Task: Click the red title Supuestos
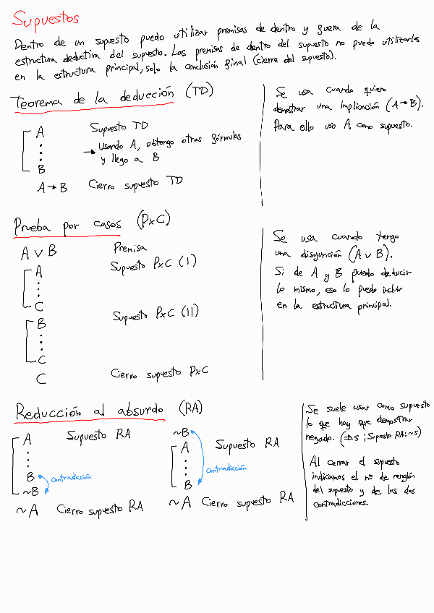[x=46, y=18]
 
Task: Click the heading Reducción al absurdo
[x=90, y=411]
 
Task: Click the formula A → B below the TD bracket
[x=53, y=187]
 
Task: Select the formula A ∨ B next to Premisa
[x=39, y=253]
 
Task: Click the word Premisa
[x=130, y=248]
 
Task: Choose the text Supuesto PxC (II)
[x=156, y=315]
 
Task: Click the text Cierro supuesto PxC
[x=160, y=373]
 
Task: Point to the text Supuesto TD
[x=119, y=127]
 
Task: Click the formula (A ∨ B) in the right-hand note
[x=369, y=254]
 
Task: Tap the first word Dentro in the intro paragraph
[x=29, y=45]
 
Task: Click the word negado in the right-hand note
[x=321, y=439]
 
